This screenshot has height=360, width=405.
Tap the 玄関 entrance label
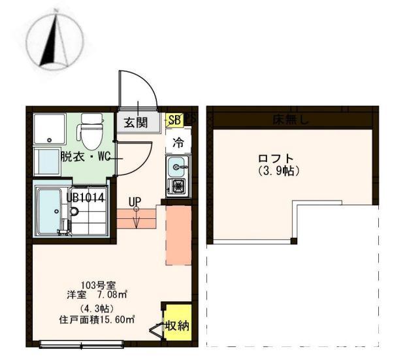point(137,122)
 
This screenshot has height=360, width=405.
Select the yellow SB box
point(174,120)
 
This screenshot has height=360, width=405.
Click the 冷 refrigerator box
point(177,141)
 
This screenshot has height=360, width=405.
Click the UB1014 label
point(86,195)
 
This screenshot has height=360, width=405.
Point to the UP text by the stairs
point(135,202)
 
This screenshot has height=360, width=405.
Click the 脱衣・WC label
point(86,157)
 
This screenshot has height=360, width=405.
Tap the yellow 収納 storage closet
point(177,325)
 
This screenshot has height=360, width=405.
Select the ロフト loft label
point(275,158)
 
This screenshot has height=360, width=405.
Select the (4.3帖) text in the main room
point(95,308)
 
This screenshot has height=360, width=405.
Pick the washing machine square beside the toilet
point(50,129)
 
